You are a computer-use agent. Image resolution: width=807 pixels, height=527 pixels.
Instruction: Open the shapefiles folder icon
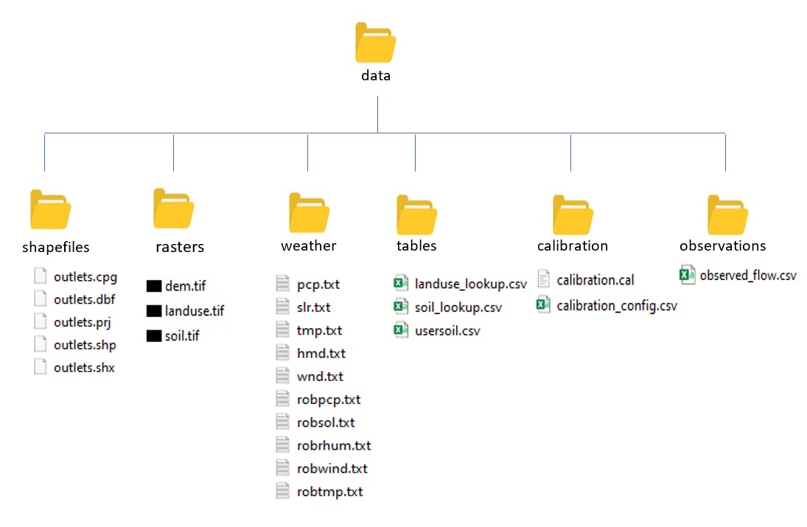[x=50, y=209]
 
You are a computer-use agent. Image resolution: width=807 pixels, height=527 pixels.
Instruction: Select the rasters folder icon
[x=173, y=208]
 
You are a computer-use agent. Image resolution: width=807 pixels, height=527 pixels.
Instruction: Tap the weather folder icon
[x=309, y=212]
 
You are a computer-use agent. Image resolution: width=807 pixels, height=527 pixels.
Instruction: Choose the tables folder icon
[x=416, y=214]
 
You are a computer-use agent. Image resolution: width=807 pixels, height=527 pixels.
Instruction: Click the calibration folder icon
[x=573, y=214]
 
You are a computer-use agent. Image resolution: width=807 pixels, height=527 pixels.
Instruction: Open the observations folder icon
[x=727, y=214]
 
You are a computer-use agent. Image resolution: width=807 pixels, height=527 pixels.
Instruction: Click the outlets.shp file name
[x=85, y=345]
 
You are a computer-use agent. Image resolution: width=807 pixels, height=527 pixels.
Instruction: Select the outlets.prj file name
[x=83, y=322]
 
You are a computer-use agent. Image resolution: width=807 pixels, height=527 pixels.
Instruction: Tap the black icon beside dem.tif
[x=154, y=286]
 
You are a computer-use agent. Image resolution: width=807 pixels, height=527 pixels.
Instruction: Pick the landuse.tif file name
[x=195, y=311]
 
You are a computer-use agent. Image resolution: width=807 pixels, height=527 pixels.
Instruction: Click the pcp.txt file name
[x=318, y=285]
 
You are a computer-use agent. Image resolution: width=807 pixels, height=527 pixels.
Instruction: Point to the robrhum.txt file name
[x=334, y=446]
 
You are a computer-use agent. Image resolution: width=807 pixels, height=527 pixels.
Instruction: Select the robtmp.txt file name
[x=330, y=492]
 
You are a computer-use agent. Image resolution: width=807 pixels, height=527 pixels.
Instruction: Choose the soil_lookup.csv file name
[x=458, y=308]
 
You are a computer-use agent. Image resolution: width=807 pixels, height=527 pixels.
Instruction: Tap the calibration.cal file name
[x=595, y=280]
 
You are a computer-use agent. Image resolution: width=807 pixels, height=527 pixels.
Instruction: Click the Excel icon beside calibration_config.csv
[x=543, y=304]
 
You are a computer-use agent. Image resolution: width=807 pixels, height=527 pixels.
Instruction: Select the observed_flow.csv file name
[x=748, y=276]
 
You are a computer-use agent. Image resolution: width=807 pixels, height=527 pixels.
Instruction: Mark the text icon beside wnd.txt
[x=282, y=376]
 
